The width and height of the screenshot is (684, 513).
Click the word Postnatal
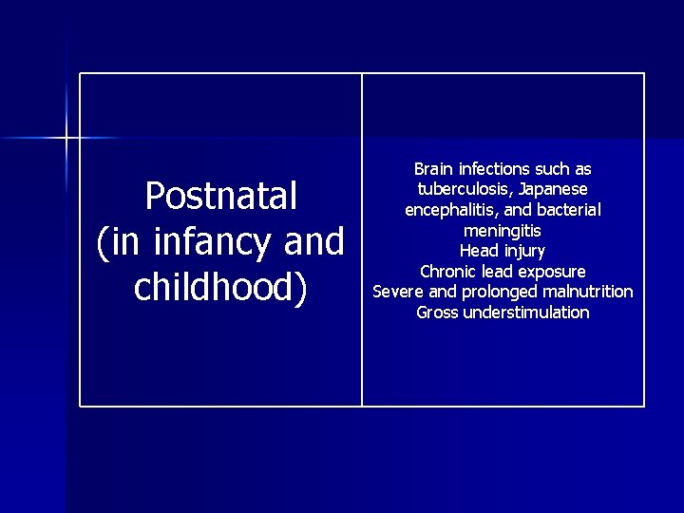220,197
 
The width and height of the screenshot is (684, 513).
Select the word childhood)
220,288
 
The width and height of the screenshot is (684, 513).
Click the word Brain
433,169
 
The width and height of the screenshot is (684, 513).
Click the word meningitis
503,231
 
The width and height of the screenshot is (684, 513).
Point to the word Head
478,251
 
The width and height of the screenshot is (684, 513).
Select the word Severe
399,292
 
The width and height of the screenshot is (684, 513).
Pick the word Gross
437,313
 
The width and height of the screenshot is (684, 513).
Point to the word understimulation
525,313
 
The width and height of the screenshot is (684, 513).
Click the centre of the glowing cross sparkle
66,139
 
